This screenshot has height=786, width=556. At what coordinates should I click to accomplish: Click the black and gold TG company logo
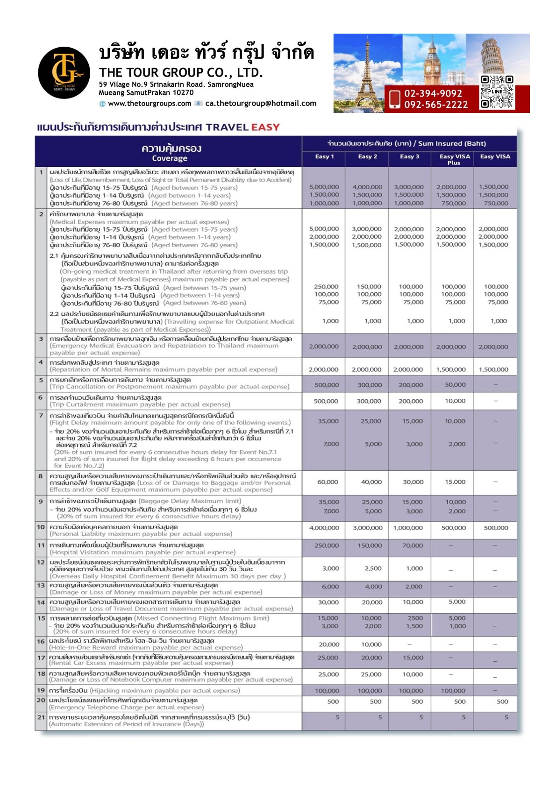(x=64, y=72)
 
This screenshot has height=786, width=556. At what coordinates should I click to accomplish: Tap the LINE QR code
(x=497, y=92)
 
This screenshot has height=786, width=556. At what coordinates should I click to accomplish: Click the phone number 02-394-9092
(x=433, y=94)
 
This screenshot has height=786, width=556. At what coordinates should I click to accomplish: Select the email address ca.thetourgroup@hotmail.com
(x=261, y=104)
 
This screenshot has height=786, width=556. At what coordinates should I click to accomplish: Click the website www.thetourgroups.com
(x=150, y=104)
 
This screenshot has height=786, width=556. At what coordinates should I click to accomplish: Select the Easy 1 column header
(x=324, y=156)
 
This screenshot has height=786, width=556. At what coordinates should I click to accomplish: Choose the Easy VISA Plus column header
(x=454, y=159)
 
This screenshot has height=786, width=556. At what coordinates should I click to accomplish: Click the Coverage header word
(x=170, y=158)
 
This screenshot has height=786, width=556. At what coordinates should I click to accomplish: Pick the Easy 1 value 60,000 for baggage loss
(x=328, y=482)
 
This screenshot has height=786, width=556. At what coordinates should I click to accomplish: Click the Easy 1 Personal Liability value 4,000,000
(x=324, y=528)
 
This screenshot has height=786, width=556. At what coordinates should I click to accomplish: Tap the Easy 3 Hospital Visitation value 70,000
(x=413, y=545)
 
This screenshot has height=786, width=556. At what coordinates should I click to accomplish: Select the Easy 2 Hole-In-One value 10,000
(x=371, y=644)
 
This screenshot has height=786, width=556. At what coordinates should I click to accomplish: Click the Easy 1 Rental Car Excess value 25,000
(x=328, y=658)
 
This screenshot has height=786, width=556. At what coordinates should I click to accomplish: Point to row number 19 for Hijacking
(x=41, y=690)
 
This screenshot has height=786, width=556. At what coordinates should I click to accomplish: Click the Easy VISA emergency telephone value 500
(x=502, y=701)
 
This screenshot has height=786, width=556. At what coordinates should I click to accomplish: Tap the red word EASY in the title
(x=265, y=127)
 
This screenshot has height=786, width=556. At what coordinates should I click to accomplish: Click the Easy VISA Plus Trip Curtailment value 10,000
(x=455, y=401)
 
